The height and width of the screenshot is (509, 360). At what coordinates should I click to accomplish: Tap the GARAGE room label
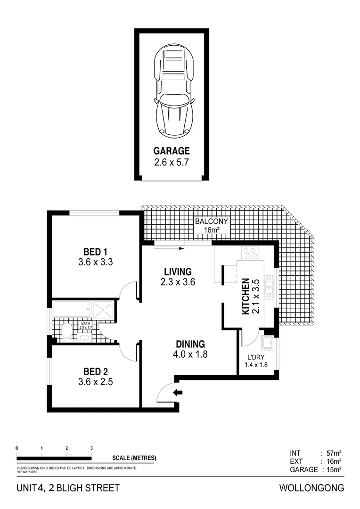point(172,151)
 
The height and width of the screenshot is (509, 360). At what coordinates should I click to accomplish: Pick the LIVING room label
point(178,271)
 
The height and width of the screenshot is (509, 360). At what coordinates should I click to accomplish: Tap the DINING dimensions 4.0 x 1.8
point(190,354)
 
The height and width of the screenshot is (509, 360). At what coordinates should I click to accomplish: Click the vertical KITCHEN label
point(245,297)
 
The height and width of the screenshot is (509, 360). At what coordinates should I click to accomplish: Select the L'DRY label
point(255,357)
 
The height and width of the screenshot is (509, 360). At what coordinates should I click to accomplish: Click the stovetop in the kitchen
point(251,253)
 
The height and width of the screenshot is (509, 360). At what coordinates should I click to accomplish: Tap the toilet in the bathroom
point(66,331)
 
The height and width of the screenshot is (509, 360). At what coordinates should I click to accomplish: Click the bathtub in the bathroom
point(72,310)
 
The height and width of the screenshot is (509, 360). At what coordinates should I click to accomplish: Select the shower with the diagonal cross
point(102,310)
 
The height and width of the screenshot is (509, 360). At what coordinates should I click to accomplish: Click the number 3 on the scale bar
point(91,448)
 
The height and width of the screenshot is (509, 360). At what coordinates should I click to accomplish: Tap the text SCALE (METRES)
point(134,458)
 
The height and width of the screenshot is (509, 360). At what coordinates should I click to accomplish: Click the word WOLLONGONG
point(312,488)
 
